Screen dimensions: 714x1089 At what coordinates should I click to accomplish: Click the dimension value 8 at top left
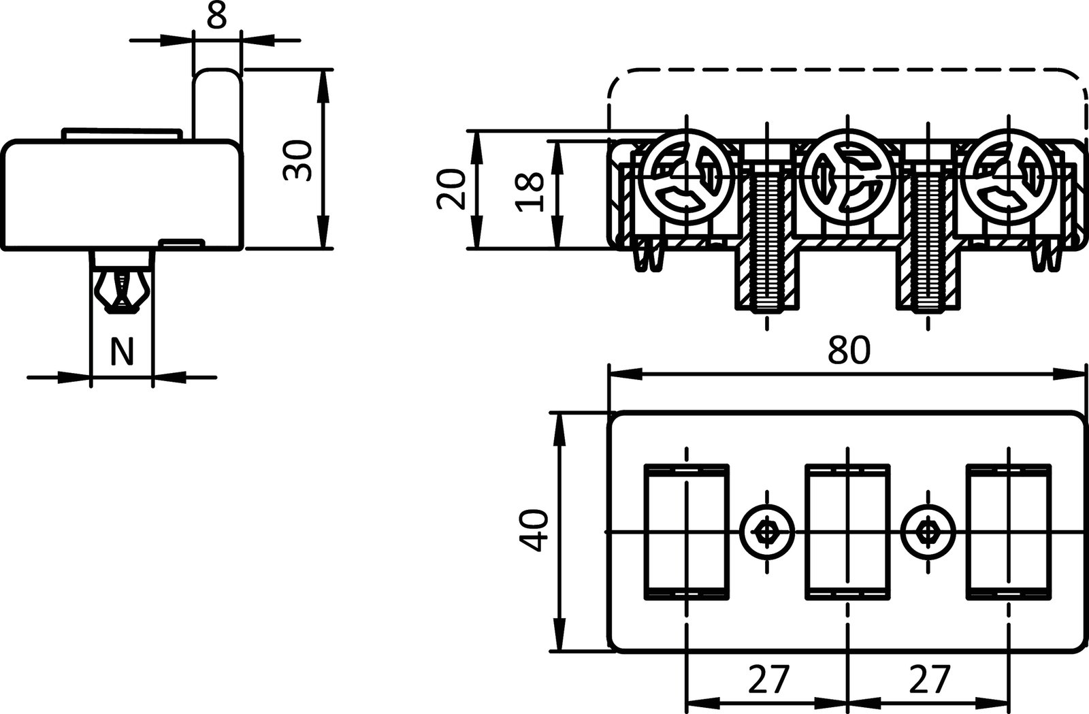217,16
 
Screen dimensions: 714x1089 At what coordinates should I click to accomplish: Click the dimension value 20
451,189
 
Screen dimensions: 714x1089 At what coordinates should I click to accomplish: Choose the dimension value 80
849,351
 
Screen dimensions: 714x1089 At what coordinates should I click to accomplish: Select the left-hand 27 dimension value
768,679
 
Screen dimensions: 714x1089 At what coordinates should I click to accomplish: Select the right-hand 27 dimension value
930,679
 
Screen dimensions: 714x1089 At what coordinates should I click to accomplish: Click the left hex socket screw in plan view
767,531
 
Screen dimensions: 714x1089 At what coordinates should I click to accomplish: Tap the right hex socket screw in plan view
927,531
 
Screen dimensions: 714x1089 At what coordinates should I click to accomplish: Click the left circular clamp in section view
687,178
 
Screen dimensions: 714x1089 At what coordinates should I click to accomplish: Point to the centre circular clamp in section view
847,178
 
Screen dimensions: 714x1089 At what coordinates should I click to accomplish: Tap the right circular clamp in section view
1008,178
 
